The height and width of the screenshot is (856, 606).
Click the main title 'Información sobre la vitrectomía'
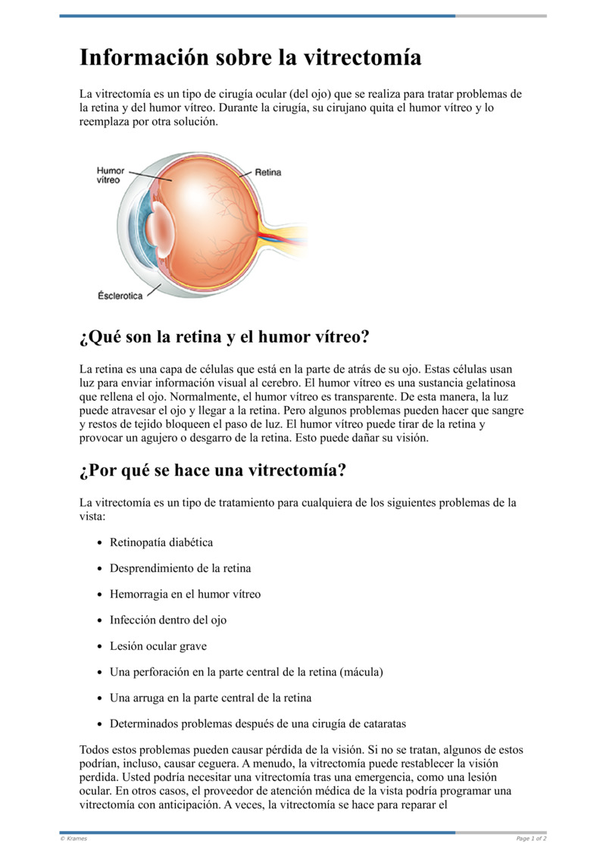click(x=250, y=58)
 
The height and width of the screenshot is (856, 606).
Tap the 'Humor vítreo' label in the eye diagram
click(x=110, y=176)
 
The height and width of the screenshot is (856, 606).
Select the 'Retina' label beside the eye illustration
click(x=267, y=173)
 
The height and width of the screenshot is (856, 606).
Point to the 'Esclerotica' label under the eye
click(x=120, y=295)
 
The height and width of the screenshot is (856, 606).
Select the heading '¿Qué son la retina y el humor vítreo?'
click(x=223, y=336)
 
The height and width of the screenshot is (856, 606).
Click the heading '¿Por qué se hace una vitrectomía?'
click(x=213, y=470)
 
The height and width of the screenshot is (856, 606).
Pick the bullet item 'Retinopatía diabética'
click(x=161, y=542)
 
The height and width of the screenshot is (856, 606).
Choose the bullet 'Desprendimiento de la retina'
click(x=180, y=568)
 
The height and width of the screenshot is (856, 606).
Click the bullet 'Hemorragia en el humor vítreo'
click(x=185, y=594)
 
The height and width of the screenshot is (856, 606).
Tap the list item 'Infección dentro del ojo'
click(x=168, y=620)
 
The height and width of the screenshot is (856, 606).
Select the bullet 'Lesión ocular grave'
click(x=158, y=646)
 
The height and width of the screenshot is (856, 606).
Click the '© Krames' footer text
click(x=73, y=839)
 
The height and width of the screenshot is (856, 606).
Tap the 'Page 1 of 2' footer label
click(x=531, y=839)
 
